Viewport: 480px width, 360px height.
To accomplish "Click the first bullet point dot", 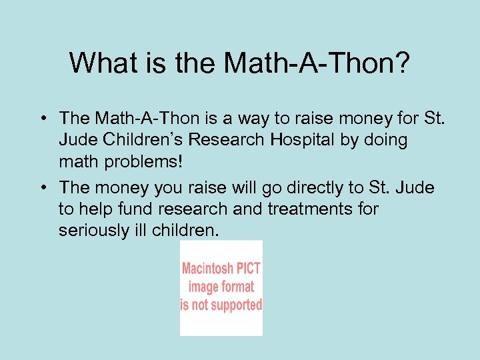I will coord(41,119).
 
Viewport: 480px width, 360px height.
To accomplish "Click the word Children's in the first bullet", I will coord(144,141).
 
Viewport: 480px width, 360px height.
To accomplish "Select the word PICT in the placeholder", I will coord(247,269).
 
